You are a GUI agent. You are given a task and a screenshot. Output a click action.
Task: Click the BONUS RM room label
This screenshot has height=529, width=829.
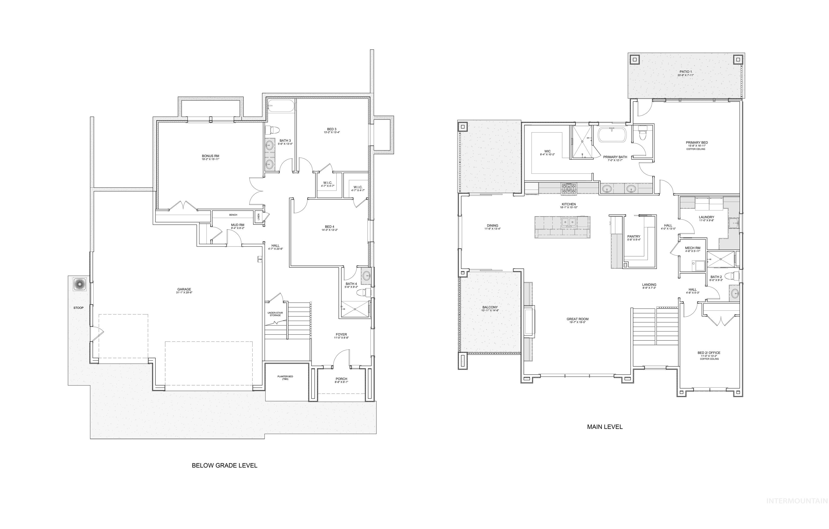(x=210, y=156)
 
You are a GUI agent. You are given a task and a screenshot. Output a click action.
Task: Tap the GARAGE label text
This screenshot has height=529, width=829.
(x=184, y=289)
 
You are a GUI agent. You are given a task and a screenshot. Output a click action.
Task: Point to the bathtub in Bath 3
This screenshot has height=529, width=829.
(x=281, y=106)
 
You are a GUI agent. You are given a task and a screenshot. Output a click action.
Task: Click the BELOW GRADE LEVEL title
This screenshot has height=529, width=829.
(x=225, y=466)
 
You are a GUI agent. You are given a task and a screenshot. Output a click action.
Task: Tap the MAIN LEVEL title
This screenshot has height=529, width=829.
(x=604, y=427)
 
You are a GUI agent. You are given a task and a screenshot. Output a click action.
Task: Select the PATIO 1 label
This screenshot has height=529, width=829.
(x=685, y=71)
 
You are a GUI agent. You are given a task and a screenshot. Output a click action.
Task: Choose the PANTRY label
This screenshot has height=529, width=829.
(x=634, y=237)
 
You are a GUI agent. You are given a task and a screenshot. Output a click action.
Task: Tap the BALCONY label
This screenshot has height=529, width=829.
(x=490, y=307)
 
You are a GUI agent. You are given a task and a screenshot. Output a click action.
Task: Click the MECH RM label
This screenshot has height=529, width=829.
(x=692, y=248)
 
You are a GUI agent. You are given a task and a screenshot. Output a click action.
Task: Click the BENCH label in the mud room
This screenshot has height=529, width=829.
(x=233, y=215)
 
